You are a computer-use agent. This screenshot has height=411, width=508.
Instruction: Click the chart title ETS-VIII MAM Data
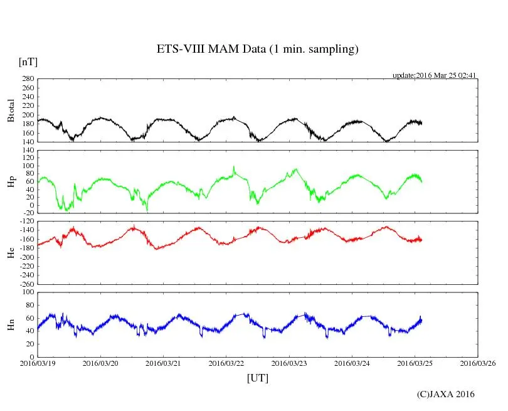[257, 50]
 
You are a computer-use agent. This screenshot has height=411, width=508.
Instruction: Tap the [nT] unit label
[28, 62]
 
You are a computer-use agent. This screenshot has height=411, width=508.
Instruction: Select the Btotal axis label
[11, 110]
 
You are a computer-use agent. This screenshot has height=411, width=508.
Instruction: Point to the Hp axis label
[11, 182]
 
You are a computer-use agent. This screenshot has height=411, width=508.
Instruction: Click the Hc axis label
[11, 252]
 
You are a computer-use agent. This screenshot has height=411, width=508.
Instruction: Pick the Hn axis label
[11, 324]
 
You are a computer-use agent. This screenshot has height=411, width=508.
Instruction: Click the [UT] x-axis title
[257, 378]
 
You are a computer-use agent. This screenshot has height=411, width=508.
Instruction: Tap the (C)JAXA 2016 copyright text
[446, 394]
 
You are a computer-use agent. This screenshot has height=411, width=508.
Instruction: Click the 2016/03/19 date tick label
[38, 363]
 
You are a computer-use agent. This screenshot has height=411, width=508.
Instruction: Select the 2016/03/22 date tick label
[227, 363]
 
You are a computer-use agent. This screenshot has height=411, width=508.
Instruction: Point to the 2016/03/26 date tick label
[479, 363]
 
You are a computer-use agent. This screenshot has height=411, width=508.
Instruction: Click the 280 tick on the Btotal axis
[28, 79]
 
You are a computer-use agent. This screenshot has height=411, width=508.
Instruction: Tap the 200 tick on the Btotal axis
[28, 115]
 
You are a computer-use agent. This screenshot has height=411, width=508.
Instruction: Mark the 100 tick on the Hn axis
[28, 292]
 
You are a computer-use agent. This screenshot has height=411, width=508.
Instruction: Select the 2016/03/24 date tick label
[352, 363]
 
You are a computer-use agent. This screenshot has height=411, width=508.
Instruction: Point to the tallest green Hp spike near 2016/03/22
[234, 167]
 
